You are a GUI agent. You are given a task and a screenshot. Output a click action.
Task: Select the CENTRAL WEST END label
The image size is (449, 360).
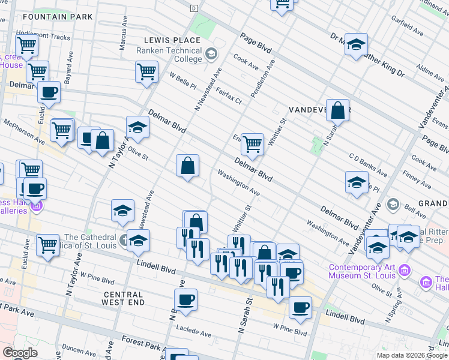123,299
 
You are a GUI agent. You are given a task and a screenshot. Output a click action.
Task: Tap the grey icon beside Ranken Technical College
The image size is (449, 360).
211,55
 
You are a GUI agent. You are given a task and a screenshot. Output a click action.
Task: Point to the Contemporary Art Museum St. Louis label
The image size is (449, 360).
362,271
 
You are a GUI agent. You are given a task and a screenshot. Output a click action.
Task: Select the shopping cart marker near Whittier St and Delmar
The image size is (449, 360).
253,144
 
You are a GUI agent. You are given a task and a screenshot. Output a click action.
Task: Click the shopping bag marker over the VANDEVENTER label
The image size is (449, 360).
338,110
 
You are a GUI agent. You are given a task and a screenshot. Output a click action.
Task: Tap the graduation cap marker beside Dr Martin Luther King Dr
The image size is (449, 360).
356,44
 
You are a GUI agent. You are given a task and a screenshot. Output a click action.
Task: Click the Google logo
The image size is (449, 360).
20,353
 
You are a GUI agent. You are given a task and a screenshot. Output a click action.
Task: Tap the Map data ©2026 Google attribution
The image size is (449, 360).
411,355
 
